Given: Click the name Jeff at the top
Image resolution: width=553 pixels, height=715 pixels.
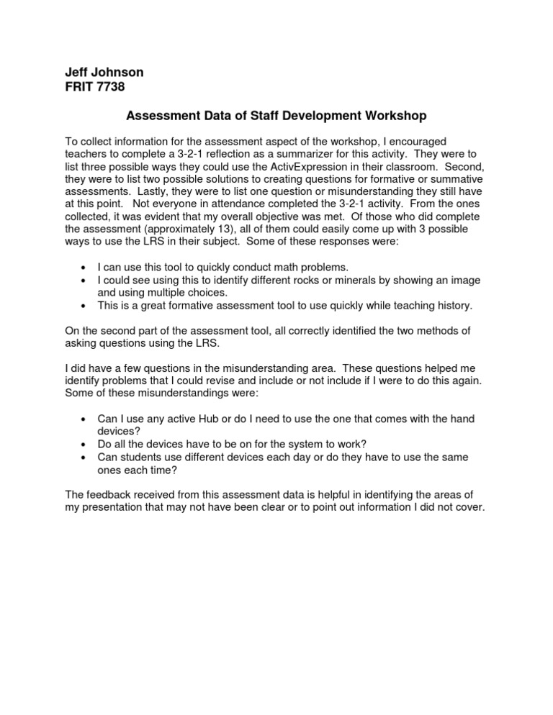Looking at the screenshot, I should pyautogui.click(x=76, y=72).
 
